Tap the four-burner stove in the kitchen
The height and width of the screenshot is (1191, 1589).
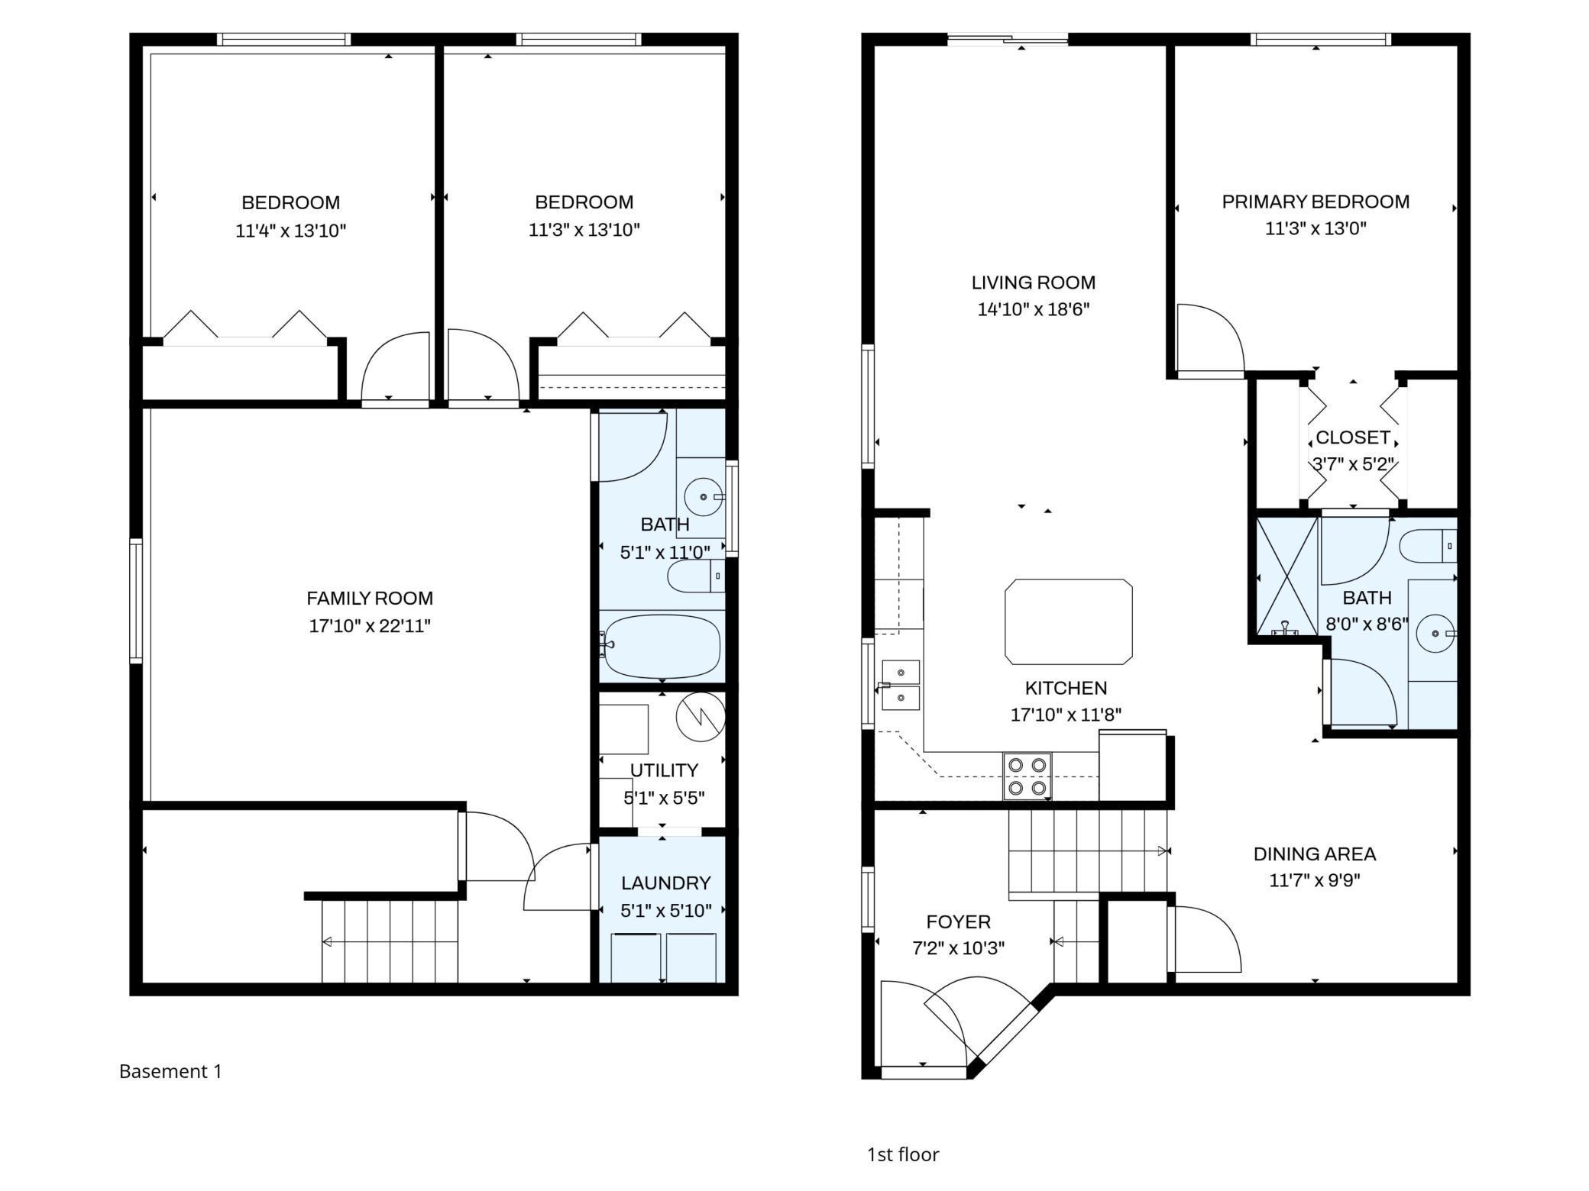tap(1027, 776)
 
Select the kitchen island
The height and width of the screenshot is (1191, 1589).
tap(1068, 621)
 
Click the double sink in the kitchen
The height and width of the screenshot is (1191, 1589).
tap(900, 685)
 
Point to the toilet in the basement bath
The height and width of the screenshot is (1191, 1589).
tap(695, 576)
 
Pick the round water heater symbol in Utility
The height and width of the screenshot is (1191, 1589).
tap(700, 717)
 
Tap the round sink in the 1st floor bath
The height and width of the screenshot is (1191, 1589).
tap(1436, 634)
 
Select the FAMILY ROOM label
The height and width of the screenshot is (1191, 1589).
tap(370, 599)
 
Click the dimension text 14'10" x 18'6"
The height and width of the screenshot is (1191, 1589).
tap(1033, 309)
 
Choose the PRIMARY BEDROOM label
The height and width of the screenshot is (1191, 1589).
tap(1316, 202)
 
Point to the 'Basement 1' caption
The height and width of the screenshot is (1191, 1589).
tap(170, 1071)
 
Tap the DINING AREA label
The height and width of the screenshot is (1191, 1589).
tap(1315, 854)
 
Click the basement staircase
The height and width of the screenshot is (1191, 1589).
tap(390, 941)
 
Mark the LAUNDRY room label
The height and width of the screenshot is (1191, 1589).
tap(665, 883)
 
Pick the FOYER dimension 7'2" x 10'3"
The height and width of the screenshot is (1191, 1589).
tap(958, 948)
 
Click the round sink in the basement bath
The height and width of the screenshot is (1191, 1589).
tap(704, 497)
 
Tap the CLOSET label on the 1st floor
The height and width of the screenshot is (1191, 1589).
tap(1352, 437)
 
